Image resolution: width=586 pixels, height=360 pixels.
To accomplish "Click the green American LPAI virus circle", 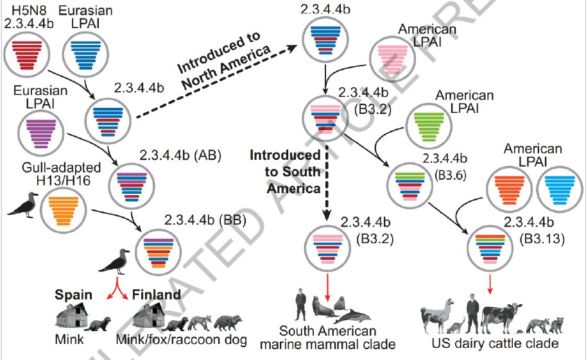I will pos(430,126).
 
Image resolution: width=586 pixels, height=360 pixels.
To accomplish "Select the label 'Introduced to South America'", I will pos(285,172).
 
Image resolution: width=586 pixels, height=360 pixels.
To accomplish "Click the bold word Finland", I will pos(156,295).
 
